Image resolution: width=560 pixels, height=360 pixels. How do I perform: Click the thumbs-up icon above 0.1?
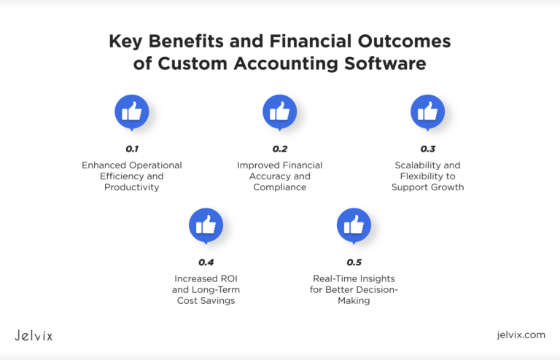click(x=132, y=111)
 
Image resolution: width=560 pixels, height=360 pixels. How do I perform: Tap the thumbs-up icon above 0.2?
click(x=279, y=111)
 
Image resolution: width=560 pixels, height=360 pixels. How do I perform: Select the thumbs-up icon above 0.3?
click(x=427, y=111)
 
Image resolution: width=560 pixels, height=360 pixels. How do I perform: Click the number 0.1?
click(x=132, y=149)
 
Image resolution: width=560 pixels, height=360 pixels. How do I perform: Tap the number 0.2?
click(x=279, y=149)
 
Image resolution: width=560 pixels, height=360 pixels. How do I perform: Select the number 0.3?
click(x=427, y=149)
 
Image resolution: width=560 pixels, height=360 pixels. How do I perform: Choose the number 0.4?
click(x=206, y=262)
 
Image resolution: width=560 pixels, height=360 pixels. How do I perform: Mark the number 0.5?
click(x=354, y=262)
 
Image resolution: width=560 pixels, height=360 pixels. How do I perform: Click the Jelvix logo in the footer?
click(x=34, y=335)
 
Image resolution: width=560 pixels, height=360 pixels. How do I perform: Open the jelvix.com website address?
click(x=520, y=335)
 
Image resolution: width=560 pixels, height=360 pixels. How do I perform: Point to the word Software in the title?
click(x=391, y=63)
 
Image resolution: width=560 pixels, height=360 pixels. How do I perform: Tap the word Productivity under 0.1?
click(x=132, y=187)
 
